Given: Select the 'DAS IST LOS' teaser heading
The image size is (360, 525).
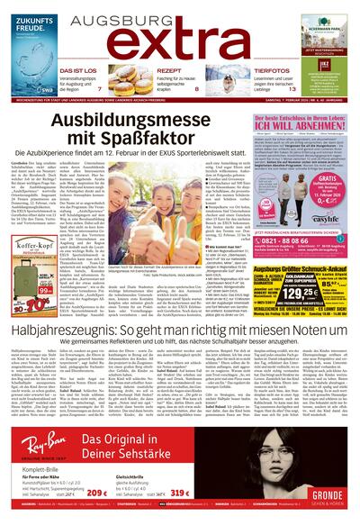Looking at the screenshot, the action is (x=79, y=71).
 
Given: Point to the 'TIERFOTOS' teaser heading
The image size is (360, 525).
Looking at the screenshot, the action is (x=271, y=71).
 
